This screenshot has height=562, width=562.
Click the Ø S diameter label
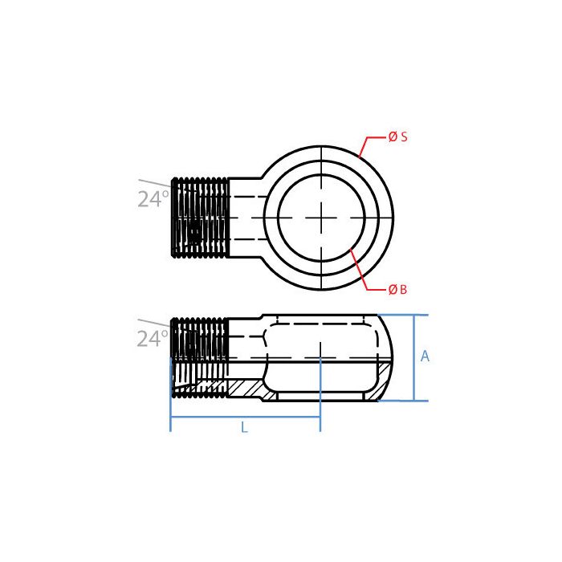[397, 137]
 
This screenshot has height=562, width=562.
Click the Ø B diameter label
[397, 289]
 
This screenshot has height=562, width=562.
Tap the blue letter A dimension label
[426, 356]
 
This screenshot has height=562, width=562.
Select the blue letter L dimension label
[244, 428]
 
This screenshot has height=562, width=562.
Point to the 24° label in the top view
[153, 199]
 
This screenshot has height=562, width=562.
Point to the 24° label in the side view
[153, 339]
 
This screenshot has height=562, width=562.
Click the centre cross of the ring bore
[321, 218]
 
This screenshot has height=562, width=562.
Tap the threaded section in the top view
[200, 218]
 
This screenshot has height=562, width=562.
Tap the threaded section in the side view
[200, 357]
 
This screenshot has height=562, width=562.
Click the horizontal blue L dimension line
[245, 417]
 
